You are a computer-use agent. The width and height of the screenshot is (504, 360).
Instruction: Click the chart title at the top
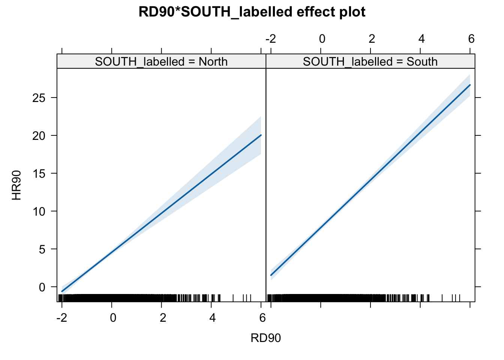pyautogui.click(x=252, y=12)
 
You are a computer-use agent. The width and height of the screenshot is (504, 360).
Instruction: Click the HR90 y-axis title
pyautogui.click(x=16, y=185)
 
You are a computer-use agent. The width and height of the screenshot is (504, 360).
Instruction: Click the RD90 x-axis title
pyautogui.click(x=265, y=338)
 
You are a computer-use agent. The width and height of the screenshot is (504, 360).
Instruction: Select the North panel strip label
pyautogui.click(x=161, y=61)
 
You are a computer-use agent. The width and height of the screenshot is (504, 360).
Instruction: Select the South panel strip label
pyautogui.click(x=370, y=61)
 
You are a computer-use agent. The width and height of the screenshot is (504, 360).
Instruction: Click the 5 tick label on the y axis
pyautogui.click(x=42, y=249)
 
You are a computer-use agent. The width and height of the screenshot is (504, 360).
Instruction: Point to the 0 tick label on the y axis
pyautogui.click(x=42, y=287)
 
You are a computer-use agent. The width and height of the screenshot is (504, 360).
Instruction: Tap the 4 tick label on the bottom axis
pyautogui.click(x=212, y=318)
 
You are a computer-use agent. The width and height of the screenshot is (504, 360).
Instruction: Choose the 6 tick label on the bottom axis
pyautogui.click(x=262, y=318)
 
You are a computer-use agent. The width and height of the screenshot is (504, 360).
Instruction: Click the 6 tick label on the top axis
pyautogui.click(x=471, y=39)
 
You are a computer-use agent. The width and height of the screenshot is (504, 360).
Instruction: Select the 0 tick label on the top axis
pyautogui.click(x=321, y=39)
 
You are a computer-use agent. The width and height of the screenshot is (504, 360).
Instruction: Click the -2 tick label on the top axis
pyautogui.click(x=270, y=39)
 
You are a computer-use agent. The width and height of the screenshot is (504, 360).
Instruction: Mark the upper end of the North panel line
pyautogui.click(x=261, y=135)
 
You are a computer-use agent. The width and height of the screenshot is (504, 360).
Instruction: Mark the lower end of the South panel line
pyautogui.click(x=271, y=275)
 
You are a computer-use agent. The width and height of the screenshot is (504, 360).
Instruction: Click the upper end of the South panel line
pyautogui.click(x=470, y=85)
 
